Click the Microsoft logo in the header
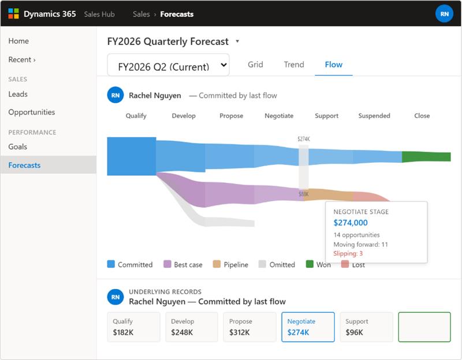(13, 14)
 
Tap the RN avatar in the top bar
(444, 14)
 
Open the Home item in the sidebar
(18, 41)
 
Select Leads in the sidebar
(18, 94)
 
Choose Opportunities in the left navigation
(32, 112)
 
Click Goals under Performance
(18, 147)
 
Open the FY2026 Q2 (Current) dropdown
(168, 65)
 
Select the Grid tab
(255, 65)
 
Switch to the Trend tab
(294, 65)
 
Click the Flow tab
(334, 65)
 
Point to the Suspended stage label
(374, 116)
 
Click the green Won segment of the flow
(426, 157)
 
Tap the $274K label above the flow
(303, 139)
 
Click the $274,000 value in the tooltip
(351, 223)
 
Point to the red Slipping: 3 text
(348, 253)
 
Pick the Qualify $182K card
(134, 327)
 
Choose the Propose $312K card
(249, 327)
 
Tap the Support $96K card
(366, 327)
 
